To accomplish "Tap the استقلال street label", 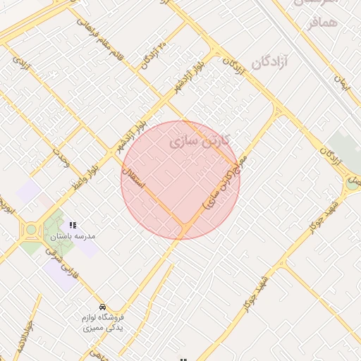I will click(x=133, y=177).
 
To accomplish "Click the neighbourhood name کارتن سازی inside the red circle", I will click(x=200, y=141).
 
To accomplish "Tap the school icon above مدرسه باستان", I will click(x=73, y=225).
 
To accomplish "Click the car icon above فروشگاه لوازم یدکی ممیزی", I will click(x=103, y=307).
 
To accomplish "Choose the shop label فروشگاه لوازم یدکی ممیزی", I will click(x=103, y=323).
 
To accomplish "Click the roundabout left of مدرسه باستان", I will click(x=30, y=229).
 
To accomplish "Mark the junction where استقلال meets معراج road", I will click(x=185, y=228).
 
